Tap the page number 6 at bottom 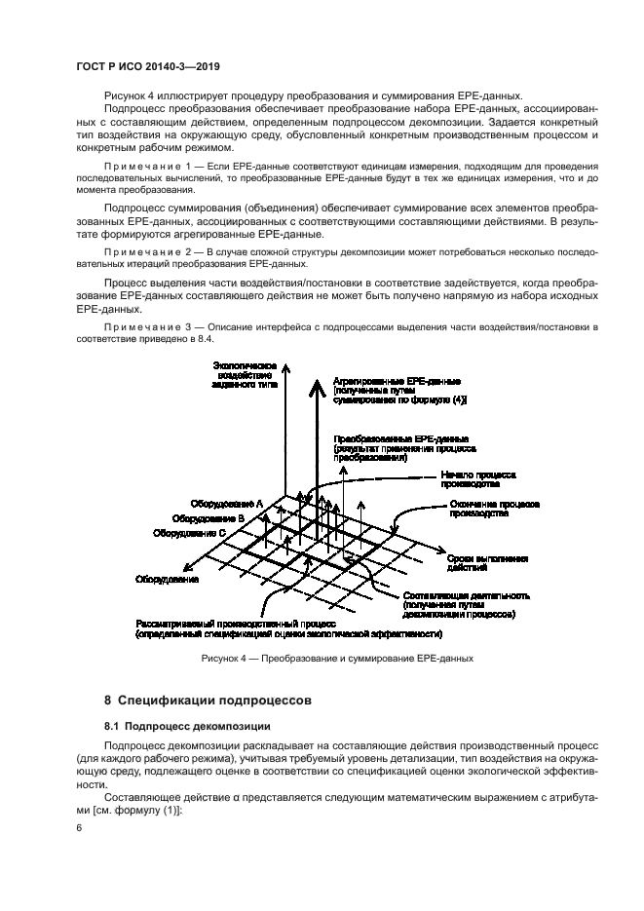(x=77, y=828)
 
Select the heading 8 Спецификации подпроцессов (x=208, y=700)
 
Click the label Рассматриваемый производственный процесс (x=235, y=622)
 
